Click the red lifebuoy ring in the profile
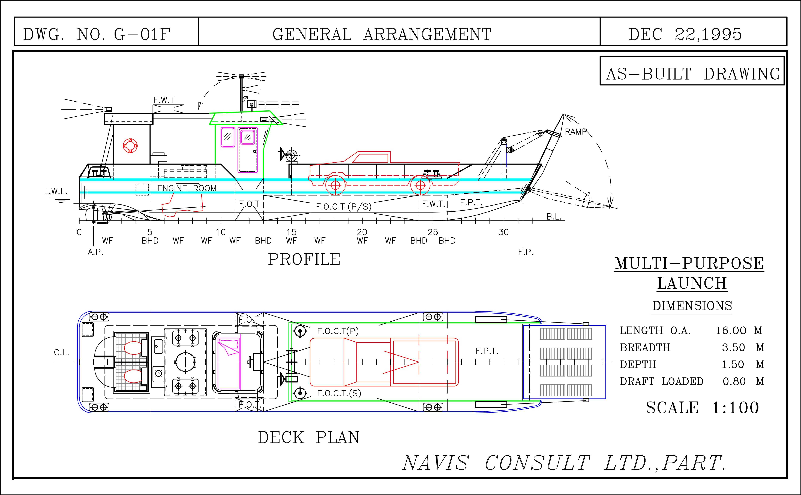[x=130, y=146]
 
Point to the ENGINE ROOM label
[x=187, y=188]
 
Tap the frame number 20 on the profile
[x=362, y=232]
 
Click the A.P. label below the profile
[x=95, y=252]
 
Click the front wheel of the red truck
[x=420, y=185]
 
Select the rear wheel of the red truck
[x=335, y=185]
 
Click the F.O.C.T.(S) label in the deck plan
[x=339, y=393]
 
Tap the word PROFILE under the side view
[x=304, y=259]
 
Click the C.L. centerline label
[x=61, y=353]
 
